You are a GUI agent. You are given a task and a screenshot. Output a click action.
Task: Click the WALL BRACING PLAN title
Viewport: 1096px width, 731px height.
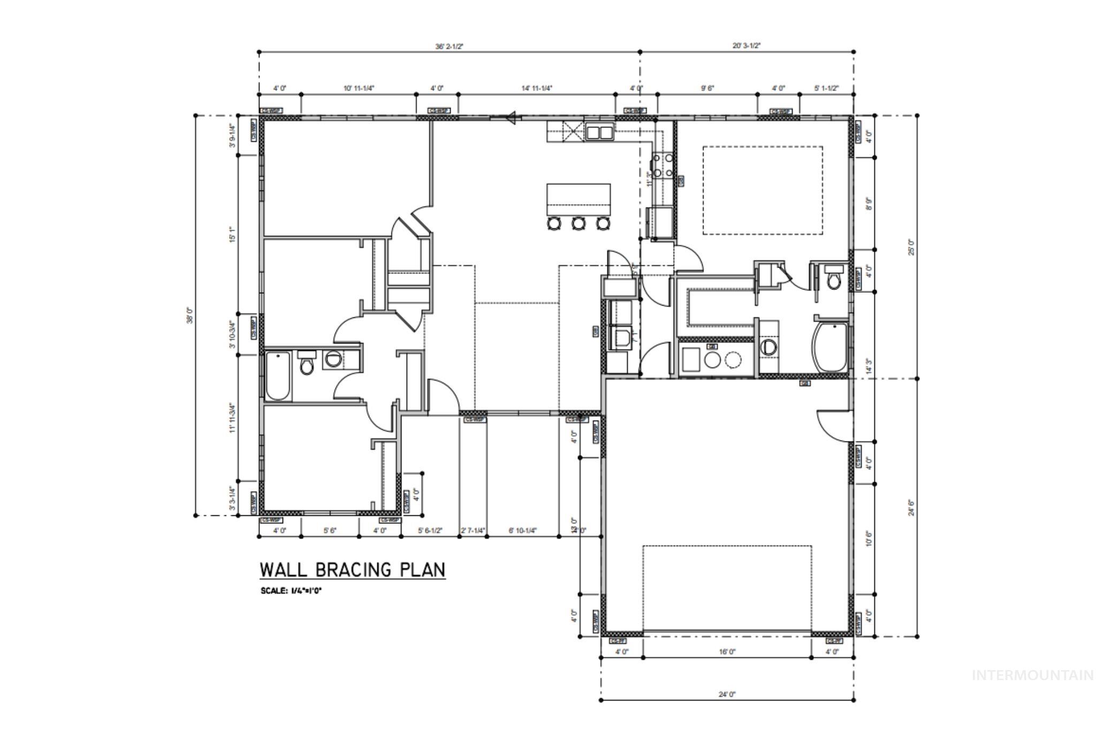352,569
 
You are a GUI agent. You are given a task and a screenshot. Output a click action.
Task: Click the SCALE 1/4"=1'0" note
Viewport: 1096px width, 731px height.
291,591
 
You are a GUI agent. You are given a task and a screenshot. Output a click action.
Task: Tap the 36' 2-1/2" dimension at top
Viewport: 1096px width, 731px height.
449,47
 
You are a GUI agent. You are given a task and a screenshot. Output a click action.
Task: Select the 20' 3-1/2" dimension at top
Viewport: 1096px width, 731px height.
747,46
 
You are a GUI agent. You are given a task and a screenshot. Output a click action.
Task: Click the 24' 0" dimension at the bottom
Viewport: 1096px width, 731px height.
727,695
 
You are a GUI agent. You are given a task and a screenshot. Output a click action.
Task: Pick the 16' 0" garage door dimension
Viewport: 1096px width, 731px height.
727,652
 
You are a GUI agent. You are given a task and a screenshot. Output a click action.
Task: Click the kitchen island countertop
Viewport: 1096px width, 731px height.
578,198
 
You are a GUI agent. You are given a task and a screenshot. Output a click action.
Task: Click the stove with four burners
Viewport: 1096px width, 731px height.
662,165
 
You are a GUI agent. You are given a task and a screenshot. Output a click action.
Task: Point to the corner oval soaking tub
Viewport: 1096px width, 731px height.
830,347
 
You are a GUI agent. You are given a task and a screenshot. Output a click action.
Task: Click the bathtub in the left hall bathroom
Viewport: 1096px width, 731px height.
278,376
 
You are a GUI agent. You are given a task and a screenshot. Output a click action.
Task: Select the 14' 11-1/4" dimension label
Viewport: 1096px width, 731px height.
536,88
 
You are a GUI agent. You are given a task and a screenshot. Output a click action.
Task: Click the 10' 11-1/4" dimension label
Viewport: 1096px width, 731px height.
359,88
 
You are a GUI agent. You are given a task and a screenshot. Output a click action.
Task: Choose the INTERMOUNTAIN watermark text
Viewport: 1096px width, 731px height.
1032,675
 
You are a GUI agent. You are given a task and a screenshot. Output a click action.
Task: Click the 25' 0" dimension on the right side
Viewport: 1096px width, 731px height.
911,247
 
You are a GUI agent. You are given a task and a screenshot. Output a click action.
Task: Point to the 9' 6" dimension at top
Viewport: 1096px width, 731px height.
707,88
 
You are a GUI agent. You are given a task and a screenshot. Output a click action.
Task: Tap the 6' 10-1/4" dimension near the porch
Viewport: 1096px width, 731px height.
522,531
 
